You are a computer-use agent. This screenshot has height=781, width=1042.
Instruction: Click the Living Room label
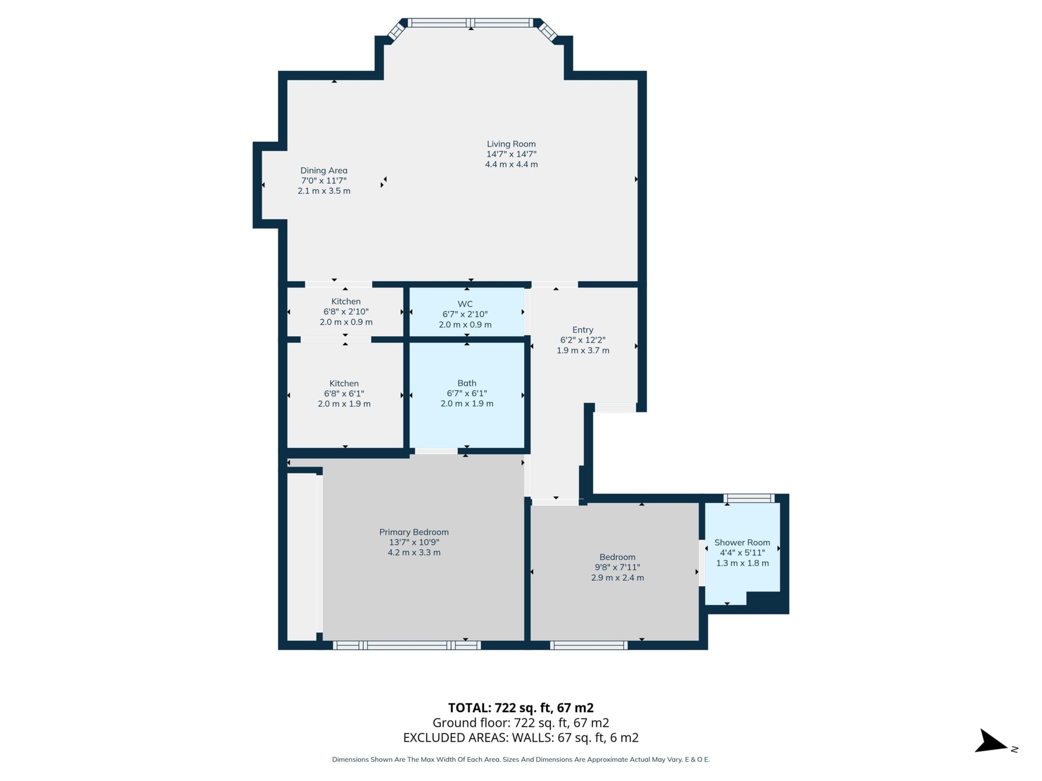(511, 144)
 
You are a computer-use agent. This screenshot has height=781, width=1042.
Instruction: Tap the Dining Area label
(324, 170)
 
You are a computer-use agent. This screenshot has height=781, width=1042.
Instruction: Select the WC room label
(465, 304)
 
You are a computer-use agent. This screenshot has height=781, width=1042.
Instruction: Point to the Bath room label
(467, 383)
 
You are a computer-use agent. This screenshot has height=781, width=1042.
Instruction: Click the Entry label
(582, 330)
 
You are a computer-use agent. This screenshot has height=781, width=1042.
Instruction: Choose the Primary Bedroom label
(414, 532)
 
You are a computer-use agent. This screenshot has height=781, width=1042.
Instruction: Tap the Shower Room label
(742, 543)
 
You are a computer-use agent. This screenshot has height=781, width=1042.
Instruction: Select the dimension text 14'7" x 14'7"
(511, 154)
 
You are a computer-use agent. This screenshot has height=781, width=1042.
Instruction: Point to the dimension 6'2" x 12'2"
(582, 340)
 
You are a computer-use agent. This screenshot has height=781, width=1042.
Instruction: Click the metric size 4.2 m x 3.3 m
(414, 552)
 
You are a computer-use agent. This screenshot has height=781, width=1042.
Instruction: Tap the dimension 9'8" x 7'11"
(617, 568)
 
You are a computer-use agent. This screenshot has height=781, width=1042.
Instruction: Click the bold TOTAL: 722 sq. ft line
(520, 708)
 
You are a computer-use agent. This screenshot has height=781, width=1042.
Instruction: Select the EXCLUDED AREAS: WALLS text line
(520, 738)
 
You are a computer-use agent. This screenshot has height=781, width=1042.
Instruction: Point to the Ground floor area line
(520, 723)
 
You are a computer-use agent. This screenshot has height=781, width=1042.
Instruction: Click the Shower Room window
(749, 498)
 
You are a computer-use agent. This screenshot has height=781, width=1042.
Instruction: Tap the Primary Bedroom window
(406, 646)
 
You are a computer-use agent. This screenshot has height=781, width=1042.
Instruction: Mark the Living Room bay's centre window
(470, 23)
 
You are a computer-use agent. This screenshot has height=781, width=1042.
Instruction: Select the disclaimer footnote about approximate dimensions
(520, 760)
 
